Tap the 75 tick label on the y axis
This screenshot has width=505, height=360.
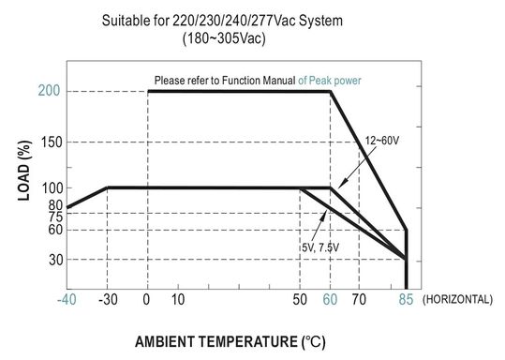pyautogui.click(x=54, y=217)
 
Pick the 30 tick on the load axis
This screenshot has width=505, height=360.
pyautogui.click(x=54, y=259)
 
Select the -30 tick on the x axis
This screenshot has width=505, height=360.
pyautogui.click(x=109, y=300)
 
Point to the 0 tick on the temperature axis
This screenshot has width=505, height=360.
pyautogui.click(x=147, y=300)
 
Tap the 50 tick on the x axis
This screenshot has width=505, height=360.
pyautogui.click(x=301, y=300)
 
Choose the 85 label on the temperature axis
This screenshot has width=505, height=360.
pyautogui.click(x=405, y=300)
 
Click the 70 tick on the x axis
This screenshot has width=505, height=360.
pyautogui.click(x=358, y=300)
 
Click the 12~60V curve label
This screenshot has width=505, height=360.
pyautogui.click(x=383, y=140)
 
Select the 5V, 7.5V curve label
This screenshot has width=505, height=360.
pyautogui.click(x=323, y=247)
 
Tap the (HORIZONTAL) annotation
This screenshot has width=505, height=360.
pyautogui.click(x=457, y=300)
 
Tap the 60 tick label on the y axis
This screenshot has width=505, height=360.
pyautogui.click(x=54, y=230)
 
